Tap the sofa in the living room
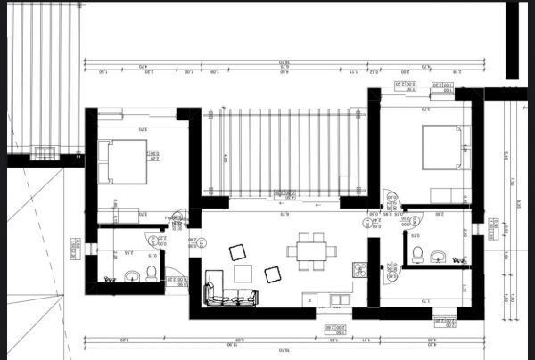(231, 295)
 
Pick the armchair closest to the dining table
(274, 274)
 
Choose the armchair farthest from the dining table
(238, 252)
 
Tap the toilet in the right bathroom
(416, 256)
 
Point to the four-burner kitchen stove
(359, 270)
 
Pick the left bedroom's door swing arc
(177, 217)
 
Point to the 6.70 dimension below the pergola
(284, 214)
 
